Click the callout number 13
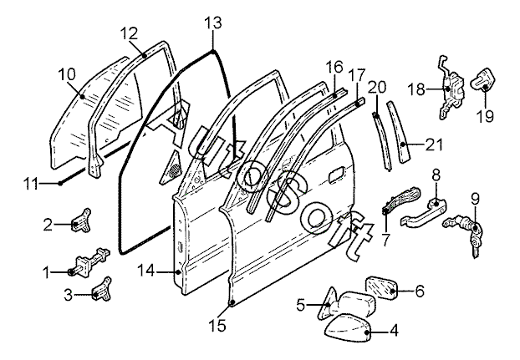(x=212, y=23)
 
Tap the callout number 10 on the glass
(x=68, y=75)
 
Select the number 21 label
(x=434, y=145)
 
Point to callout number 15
(x=217, y=326)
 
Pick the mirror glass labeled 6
(x=381, y=287)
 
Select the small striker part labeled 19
(x=485, y=79)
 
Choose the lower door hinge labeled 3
(x=102, y=290)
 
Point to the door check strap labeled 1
(x=89, y=261)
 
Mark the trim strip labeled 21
(x=399, y=133)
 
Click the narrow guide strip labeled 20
(x=382, y=142)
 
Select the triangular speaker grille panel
(x=172, y=168)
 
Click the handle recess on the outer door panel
(x=337, y=175)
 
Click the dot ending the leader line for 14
(x=179, y=272)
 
